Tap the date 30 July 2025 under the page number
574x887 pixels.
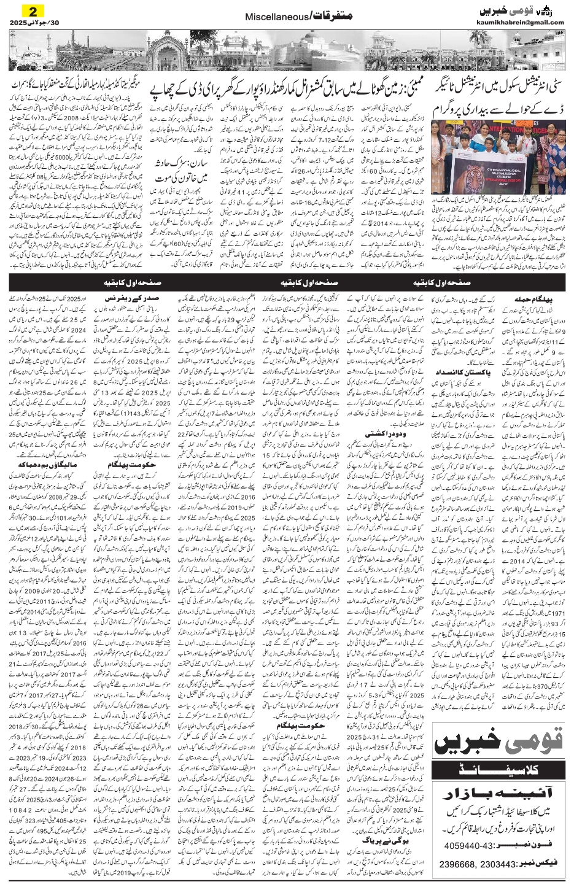pyautogui.click(x=36, y=23)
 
